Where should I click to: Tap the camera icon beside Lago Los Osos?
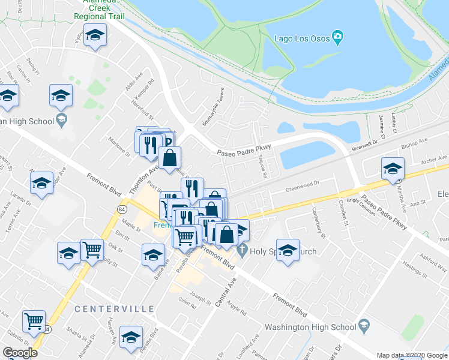pyautogui.click(x=337, y=38)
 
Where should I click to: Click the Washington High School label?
pyautogui.click(x=310, y=328)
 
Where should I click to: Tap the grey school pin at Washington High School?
pyautogui.click(x=363, y=326)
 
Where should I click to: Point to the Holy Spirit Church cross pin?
pyautogui.click(x=243, y=249)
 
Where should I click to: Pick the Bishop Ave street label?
pyautogui.click(x=414, y=142)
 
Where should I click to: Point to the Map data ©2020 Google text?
pyautogui.click(x=412, y=355)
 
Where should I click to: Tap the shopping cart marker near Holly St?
pyautogui.click(x=92, y=250)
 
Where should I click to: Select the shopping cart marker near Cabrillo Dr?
pyautogui.click(x=34, y=320)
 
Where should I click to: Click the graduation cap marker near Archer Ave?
pyautogui.click(x=393, y=169)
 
